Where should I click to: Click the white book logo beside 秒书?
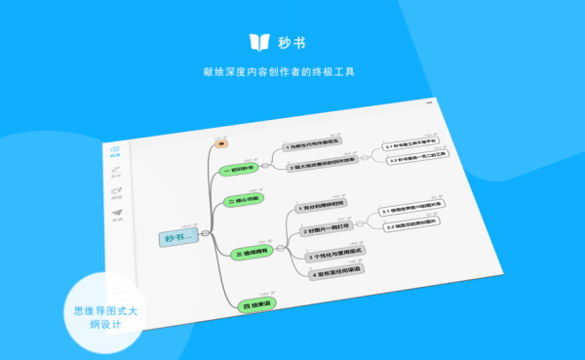[258, 42]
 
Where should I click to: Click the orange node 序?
[221, 145]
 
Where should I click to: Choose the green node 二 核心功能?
[244, 201]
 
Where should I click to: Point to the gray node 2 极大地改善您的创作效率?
[322, 167]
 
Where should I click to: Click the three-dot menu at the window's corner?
[430, 100]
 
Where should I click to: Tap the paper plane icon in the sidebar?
[117, 212]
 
